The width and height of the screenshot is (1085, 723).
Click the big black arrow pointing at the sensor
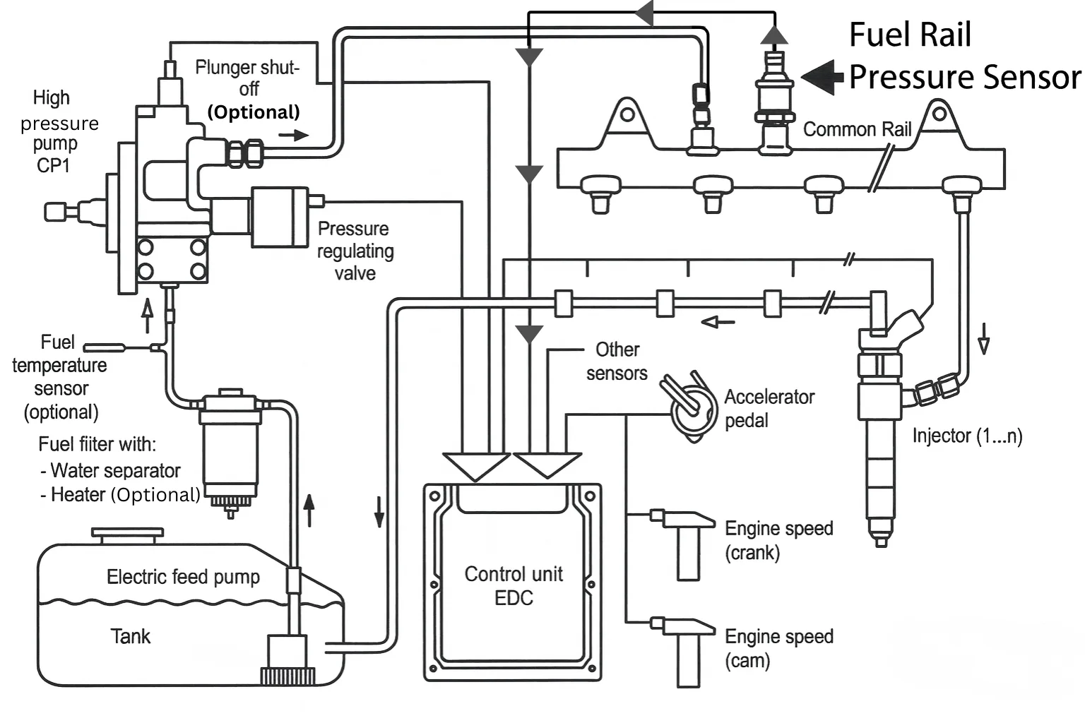tap(822, 76)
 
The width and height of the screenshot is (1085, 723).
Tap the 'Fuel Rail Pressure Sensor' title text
tap(964, 56)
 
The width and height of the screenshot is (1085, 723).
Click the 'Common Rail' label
tap(857, 130)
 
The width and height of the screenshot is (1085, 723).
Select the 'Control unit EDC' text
tap(514, 585)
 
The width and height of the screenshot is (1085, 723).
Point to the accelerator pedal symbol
tap(689, 407)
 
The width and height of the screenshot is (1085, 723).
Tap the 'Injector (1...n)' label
tap(966, 436)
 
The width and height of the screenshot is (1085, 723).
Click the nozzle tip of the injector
tap(881, 539)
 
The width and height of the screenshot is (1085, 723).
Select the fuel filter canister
tap(230, 445)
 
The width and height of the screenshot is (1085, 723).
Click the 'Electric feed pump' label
tap(183, 577)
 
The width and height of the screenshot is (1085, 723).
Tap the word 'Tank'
tap(131, 636)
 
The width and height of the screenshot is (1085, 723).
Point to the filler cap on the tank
tap(127, 534)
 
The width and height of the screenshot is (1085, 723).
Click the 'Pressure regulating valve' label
tap(355, 251)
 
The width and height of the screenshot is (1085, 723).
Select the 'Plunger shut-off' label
tap(248, 78)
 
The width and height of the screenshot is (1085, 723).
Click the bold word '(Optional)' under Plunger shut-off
tap(254, 112)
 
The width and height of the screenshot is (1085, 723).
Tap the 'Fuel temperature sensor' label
tap(60, 376)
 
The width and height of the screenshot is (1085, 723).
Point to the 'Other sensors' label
tap(617, 361)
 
